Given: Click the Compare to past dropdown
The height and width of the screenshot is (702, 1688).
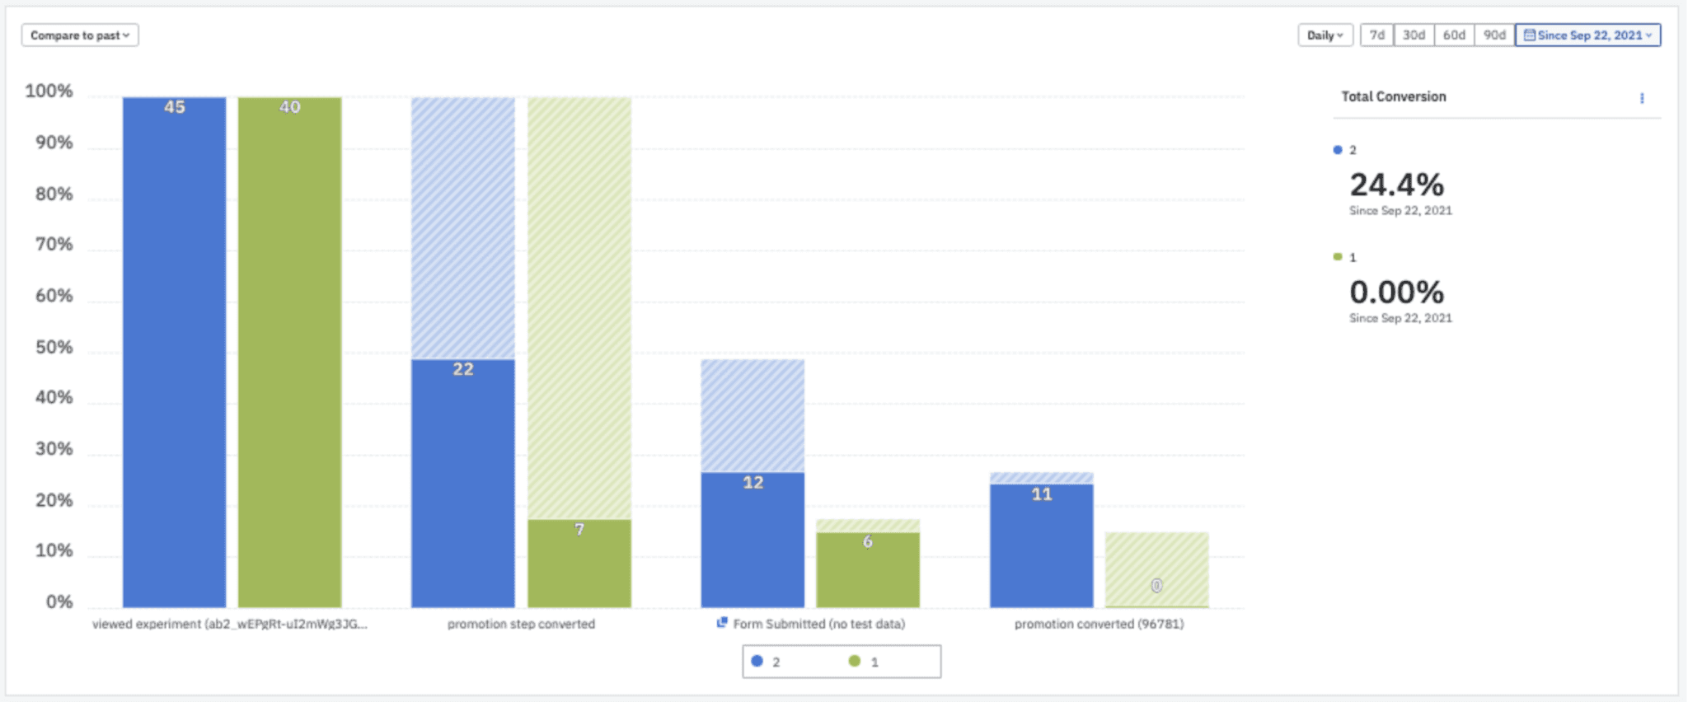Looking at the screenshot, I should coord(80,35).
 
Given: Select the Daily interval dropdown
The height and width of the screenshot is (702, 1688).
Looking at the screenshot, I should coord(1325,35).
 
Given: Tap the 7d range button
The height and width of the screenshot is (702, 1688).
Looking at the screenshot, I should coord(1376,35).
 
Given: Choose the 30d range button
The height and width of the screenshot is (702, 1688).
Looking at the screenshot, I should coord(1414,35).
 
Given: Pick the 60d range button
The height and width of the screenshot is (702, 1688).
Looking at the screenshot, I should coord(1454,35).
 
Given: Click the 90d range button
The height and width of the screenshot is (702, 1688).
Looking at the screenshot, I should coord(1494,35).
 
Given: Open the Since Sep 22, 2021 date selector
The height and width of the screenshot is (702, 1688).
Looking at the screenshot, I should coord(1587,35).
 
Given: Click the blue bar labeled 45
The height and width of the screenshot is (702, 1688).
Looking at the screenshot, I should coord(174,354).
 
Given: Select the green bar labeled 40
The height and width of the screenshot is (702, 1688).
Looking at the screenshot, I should coord(289,354).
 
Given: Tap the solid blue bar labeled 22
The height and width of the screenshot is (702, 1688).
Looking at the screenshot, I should coord(463,486).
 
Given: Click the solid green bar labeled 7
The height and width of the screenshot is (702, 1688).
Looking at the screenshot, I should coord(579,564).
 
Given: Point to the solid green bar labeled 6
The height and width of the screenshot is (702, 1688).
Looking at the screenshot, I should coord(868,571).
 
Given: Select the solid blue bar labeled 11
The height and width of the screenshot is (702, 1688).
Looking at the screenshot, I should coord(1042,546).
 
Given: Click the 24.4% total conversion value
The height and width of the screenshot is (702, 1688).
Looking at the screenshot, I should coord(1396,185).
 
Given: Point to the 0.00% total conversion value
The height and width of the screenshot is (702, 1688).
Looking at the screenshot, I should coord(1396,292).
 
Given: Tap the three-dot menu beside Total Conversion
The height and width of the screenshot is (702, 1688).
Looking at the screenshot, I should coord(1642,98).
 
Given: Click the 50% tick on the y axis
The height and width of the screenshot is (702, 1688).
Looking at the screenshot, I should coord(54,347).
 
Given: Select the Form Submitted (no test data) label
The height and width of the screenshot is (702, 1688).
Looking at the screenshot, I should coord(818,624).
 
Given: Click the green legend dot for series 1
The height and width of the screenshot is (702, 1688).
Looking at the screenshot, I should coord(855,661).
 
